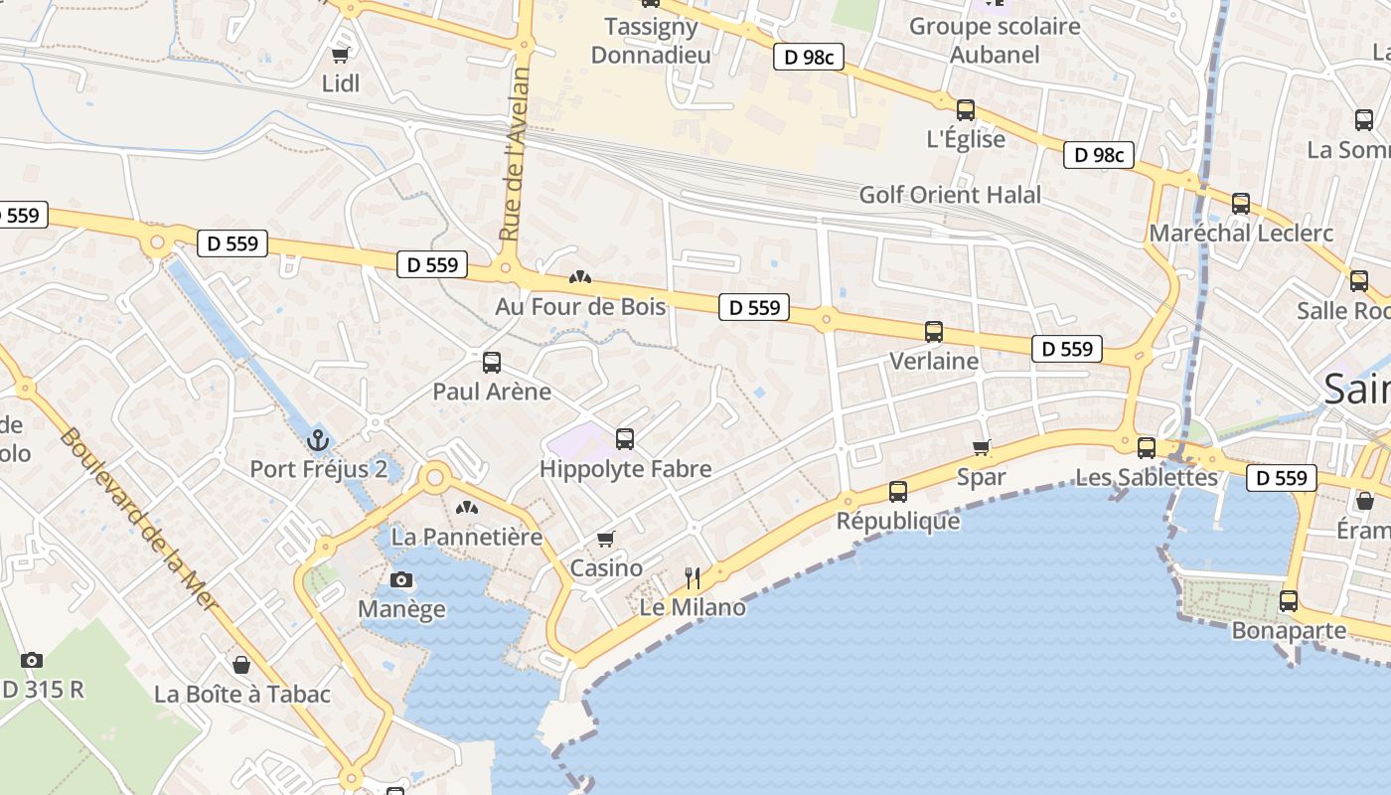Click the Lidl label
(x=341, y=83)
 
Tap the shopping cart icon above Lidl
(x=341, y=56)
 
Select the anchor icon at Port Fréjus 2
(x=318, y=439)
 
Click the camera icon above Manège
(x=401, y=580)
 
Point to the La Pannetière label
(x=466, y=537)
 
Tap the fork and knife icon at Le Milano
(x=693, y=577)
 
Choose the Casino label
(x=605, y=568)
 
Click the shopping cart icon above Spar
(x=982, y=448)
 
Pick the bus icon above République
(x=898, y=491)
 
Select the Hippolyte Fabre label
(x=625, y=468)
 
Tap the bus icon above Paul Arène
(x=492, y=362)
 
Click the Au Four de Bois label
(x=580, y=306)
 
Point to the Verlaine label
(x=934, y=361)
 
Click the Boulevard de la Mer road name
(x=138, y=518)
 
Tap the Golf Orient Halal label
(x=950, y=195)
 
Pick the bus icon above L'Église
(x=966, y=110)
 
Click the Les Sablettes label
(x=1147, y=477)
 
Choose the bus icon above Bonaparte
(x=1289, y=601)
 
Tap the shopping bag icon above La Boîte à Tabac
(x=241, y=665)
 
